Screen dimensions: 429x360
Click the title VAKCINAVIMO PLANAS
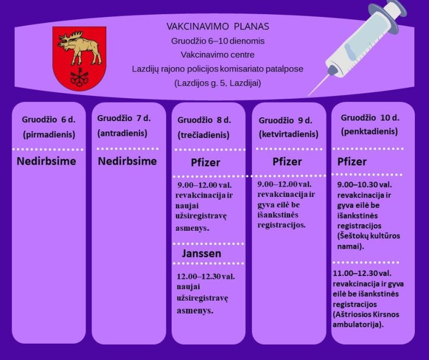(218, 27)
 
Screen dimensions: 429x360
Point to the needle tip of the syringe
(309, 95)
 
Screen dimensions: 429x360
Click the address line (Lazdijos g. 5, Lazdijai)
(218, 83)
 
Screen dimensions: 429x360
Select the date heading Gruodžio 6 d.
(49, 119)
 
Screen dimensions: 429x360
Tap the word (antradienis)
(122, 133)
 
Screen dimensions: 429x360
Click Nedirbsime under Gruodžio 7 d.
(127, 161)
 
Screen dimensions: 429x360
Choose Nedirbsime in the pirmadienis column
(46, 161)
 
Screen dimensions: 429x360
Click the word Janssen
(201, 254)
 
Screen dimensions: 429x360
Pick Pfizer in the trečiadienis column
(206, 163)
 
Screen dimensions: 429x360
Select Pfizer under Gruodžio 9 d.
(287, 161)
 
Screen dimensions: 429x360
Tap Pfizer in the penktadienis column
(352, 161)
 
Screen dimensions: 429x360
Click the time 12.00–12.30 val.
(206, 276)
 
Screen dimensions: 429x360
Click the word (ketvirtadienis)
(289, 134)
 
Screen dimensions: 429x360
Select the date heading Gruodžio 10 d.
(370, 118)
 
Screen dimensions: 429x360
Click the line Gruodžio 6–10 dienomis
(218, 41)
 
